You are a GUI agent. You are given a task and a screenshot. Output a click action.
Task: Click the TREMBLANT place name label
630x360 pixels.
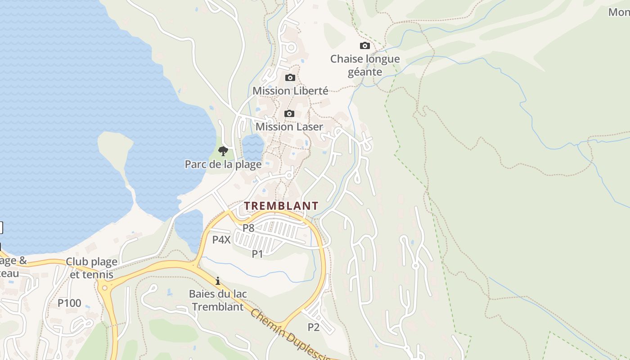281,206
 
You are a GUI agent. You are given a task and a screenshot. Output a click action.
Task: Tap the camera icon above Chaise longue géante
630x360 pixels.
365,45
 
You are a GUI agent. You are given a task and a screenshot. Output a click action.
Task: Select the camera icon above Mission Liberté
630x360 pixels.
290,77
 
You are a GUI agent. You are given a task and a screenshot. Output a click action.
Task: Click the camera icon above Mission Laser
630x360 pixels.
289,113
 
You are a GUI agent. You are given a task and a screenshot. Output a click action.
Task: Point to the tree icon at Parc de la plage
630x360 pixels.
223,151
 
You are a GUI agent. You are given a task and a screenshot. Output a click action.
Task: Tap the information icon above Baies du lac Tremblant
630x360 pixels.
218,281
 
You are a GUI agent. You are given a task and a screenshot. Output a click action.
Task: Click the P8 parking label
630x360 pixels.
248,228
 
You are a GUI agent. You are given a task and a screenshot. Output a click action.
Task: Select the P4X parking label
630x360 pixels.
221,239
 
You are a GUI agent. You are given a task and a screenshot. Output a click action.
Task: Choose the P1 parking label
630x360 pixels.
257,254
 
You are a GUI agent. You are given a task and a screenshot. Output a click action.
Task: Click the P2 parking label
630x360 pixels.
314,327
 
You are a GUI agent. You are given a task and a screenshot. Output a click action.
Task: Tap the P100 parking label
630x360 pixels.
69,303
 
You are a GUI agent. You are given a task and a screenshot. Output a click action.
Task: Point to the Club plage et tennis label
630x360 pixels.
92,268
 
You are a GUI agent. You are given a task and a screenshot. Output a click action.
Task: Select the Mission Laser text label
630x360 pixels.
289,126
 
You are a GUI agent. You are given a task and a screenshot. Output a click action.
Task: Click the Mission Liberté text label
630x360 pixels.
290,90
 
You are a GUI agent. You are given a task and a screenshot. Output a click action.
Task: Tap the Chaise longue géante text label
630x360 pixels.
365,65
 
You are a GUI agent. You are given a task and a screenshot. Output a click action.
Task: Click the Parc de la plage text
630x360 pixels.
223,164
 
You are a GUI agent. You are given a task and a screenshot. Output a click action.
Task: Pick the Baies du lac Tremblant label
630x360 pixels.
218,300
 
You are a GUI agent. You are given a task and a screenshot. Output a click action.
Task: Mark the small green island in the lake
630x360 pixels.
115,148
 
